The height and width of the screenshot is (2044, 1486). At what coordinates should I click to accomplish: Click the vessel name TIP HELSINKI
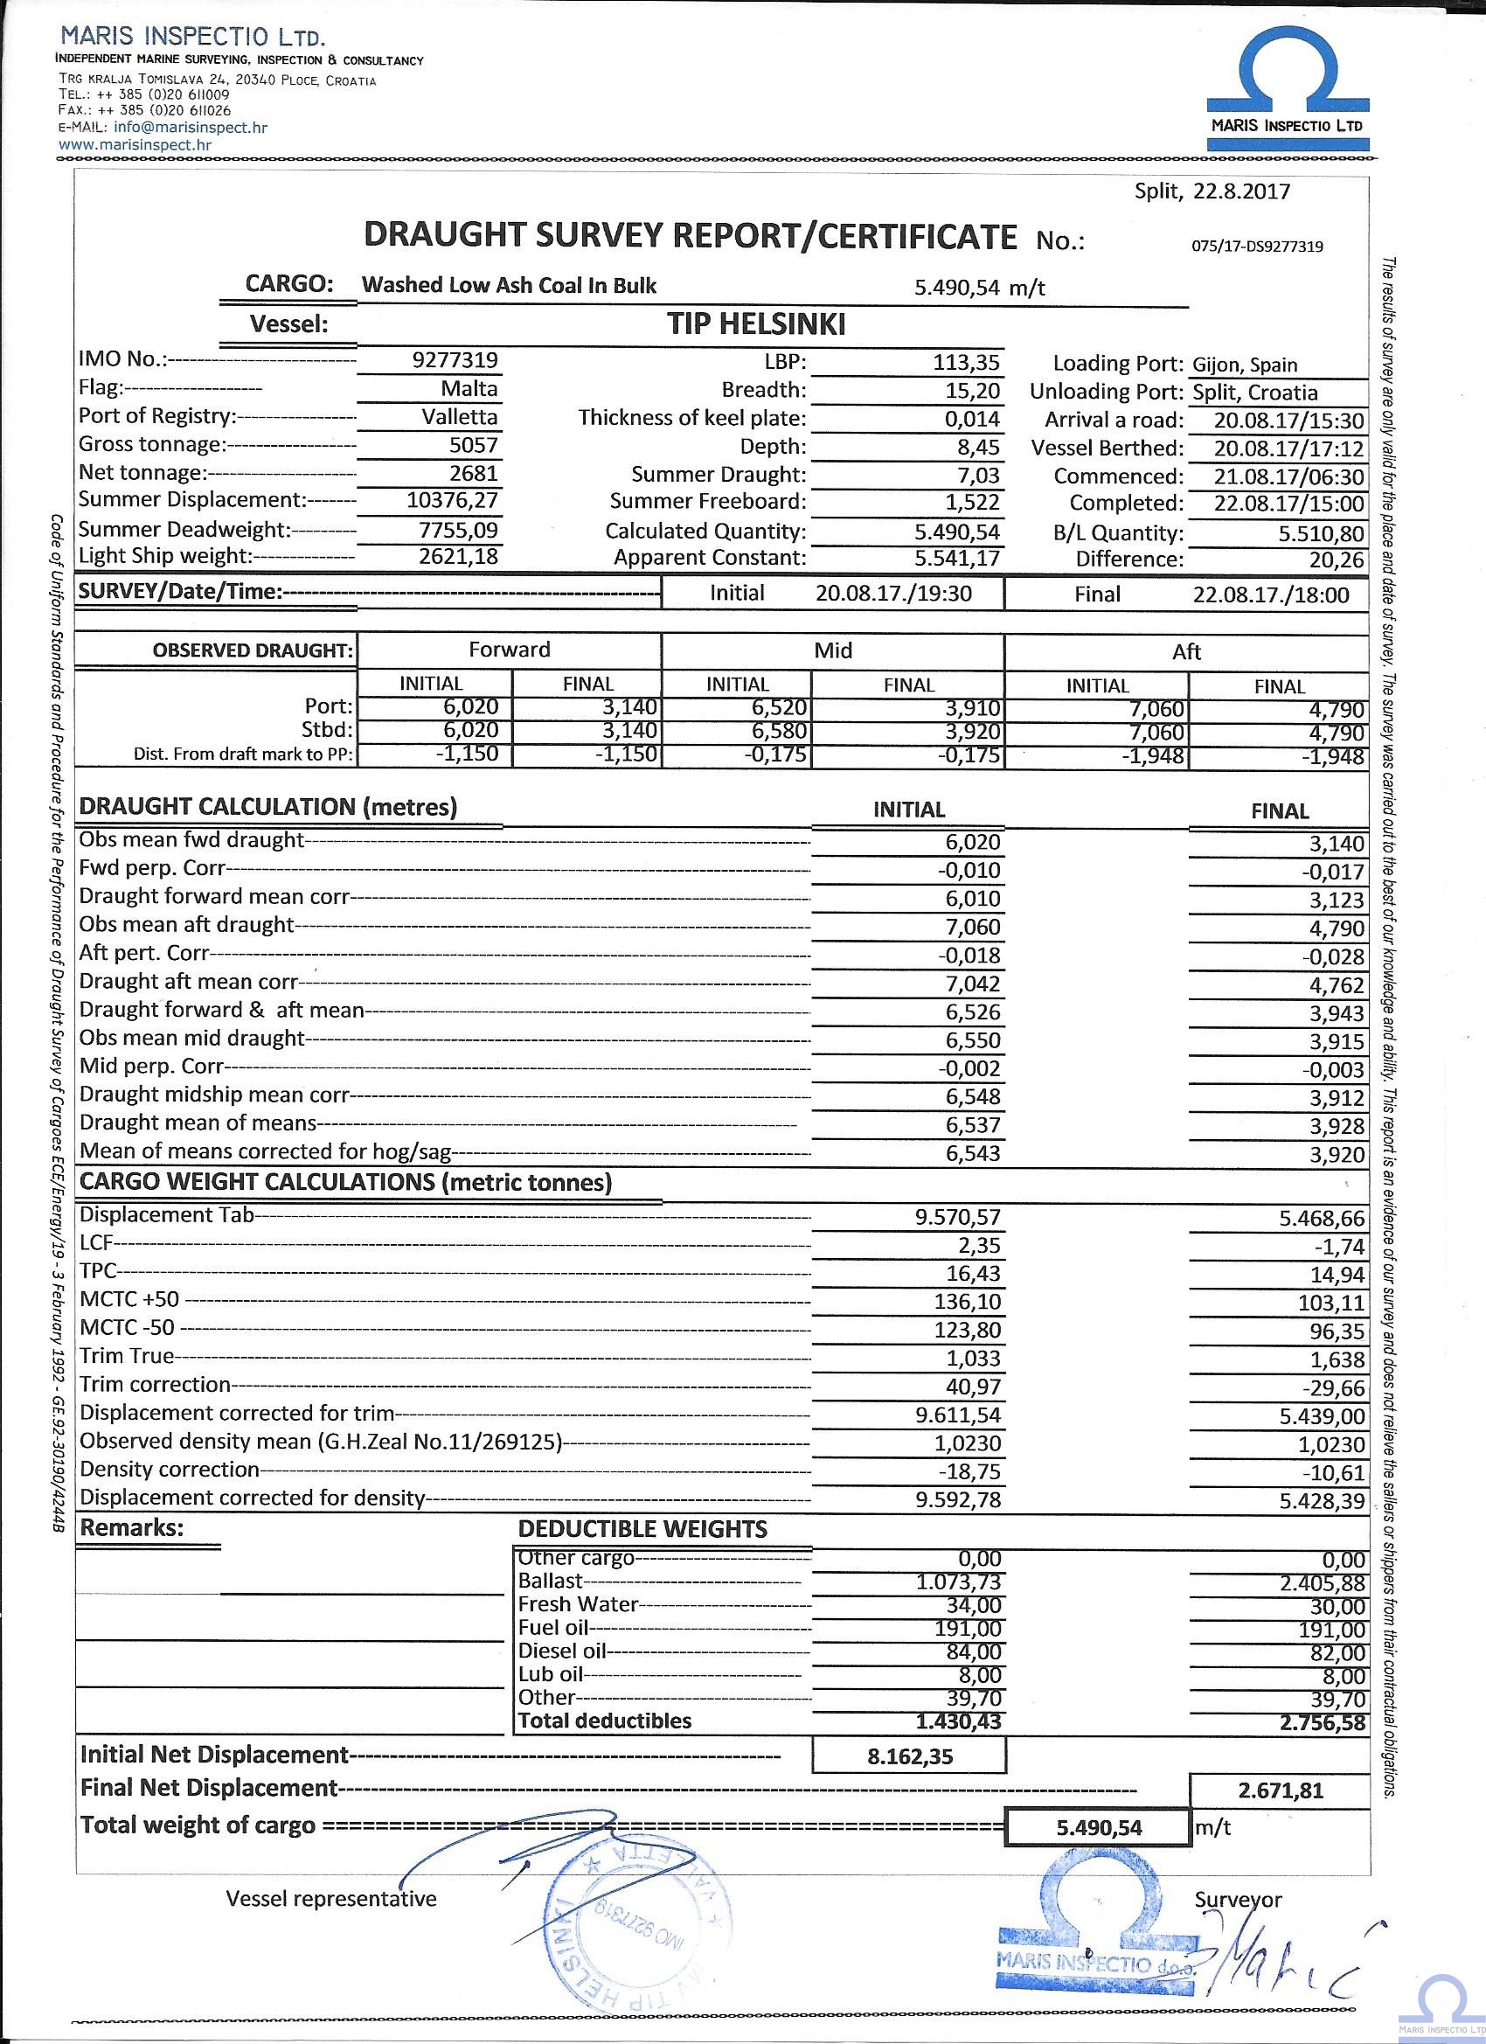pos(755,324)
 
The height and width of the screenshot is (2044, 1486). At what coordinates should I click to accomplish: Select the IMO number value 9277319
pos(455,360)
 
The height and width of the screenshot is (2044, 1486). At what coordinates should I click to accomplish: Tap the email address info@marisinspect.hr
pos(191,128)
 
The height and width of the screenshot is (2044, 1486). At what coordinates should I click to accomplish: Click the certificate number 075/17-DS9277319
pos(1257,246)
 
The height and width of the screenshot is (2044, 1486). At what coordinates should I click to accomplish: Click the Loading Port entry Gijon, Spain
pos(1245,365)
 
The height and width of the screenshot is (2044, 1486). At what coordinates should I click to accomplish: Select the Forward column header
pos(509,650)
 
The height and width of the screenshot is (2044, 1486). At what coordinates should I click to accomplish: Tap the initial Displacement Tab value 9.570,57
pos(958,1219)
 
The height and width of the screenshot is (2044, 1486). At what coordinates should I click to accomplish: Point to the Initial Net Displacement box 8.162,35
pos(909,1756)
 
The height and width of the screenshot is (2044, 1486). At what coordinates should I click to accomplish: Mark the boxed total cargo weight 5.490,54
pos(1099,1827)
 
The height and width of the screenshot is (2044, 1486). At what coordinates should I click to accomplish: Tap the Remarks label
pos(132,1528)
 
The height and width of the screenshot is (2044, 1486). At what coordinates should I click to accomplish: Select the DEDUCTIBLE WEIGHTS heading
pos(642,1529)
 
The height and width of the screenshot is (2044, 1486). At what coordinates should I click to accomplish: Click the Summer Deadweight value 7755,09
pos(458,530)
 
